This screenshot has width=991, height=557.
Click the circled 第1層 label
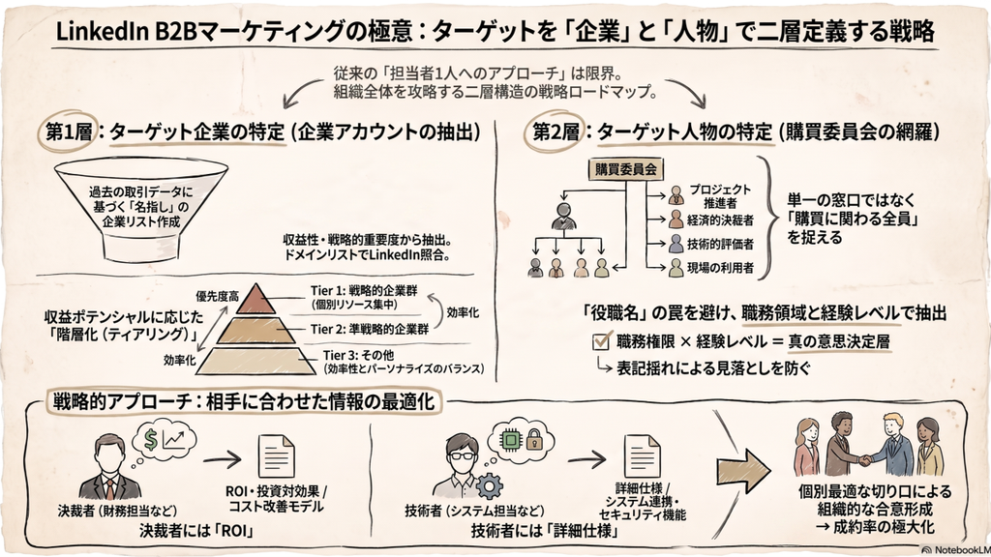69,132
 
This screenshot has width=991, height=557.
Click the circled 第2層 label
556,132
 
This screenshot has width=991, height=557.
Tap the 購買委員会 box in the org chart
625,168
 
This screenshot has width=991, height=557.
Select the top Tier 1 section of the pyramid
255,298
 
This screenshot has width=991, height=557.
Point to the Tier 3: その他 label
358,355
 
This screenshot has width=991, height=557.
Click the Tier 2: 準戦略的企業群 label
370,329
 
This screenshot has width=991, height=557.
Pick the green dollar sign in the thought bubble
150,438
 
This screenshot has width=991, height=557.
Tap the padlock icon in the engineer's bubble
534,438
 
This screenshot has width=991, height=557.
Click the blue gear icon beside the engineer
489,487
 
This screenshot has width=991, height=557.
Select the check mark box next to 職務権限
601,341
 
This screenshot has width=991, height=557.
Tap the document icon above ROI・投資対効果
276,456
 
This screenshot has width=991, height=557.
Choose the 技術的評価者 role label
720,244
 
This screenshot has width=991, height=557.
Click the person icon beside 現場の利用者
676,268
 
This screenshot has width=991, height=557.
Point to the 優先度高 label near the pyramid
217,296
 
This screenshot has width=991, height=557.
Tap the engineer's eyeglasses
461,455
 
